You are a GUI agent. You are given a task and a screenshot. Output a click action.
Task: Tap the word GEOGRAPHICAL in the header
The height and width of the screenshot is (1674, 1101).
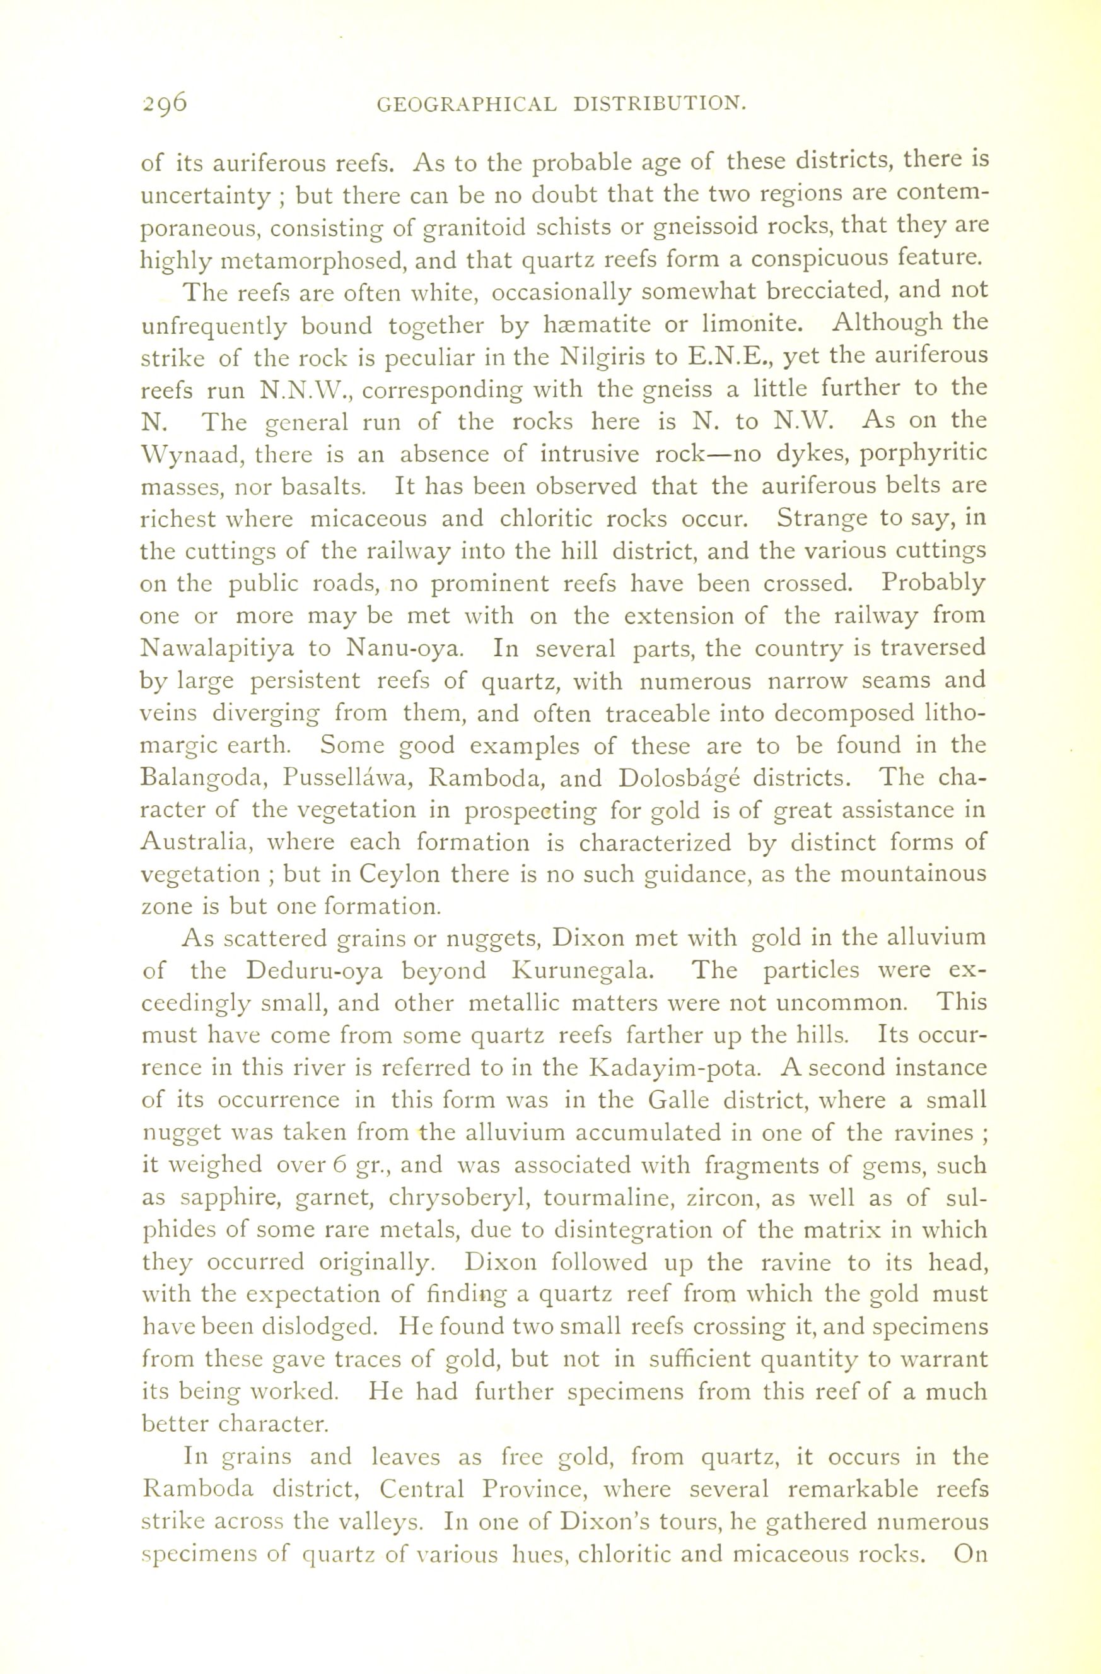467,105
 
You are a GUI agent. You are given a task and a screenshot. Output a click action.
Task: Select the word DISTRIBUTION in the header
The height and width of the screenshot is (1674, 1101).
659,105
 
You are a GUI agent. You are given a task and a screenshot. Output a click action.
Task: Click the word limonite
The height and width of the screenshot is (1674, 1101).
747,325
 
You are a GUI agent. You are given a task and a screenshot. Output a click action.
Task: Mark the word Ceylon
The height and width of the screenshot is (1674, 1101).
399,875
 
